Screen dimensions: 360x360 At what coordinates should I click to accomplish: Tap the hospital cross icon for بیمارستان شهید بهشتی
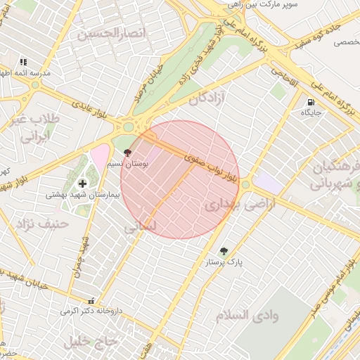(x=82, y=183)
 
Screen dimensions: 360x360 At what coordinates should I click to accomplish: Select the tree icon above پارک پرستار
(x=224, y=251)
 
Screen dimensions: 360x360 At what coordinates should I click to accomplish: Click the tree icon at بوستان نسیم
(x=127, y=152)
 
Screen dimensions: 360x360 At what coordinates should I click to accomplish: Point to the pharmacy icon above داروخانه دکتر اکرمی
(x=90, y=300)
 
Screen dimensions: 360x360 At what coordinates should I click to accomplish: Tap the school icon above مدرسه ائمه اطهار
(x=23, y=63)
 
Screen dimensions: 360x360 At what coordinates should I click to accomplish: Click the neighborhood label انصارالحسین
(x=112, y=33)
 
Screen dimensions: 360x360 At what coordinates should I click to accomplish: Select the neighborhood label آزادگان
(x=208, y=98)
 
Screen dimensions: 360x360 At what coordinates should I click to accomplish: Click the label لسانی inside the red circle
(x=141, y=229)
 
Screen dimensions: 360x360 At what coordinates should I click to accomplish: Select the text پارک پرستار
(x=224, y=263)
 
